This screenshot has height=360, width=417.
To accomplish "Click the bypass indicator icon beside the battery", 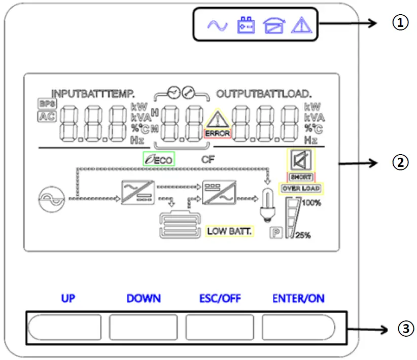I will pos(274,25).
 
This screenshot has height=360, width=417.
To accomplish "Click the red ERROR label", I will pos(218,134).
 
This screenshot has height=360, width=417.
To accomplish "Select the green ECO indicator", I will pos(159,160).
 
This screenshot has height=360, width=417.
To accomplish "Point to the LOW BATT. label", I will pos(230,231).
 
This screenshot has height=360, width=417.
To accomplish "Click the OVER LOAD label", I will pos(301,189).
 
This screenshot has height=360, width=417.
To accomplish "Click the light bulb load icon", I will pos(267,204).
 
